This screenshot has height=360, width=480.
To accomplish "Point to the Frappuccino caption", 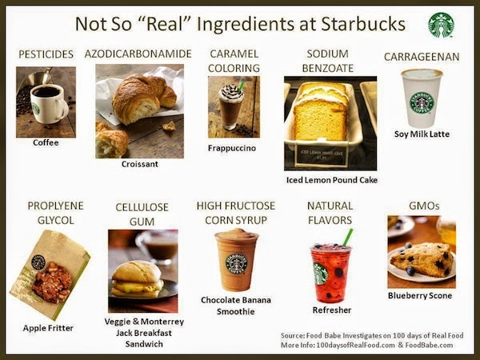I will pos(232,148).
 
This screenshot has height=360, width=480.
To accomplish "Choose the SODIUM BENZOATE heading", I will pos(328,62).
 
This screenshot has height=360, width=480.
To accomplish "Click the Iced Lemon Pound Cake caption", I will pos(331,180).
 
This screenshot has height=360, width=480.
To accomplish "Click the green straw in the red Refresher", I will pos(347,237).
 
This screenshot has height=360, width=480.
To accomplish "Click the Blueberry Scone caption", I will pos(420,296).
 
